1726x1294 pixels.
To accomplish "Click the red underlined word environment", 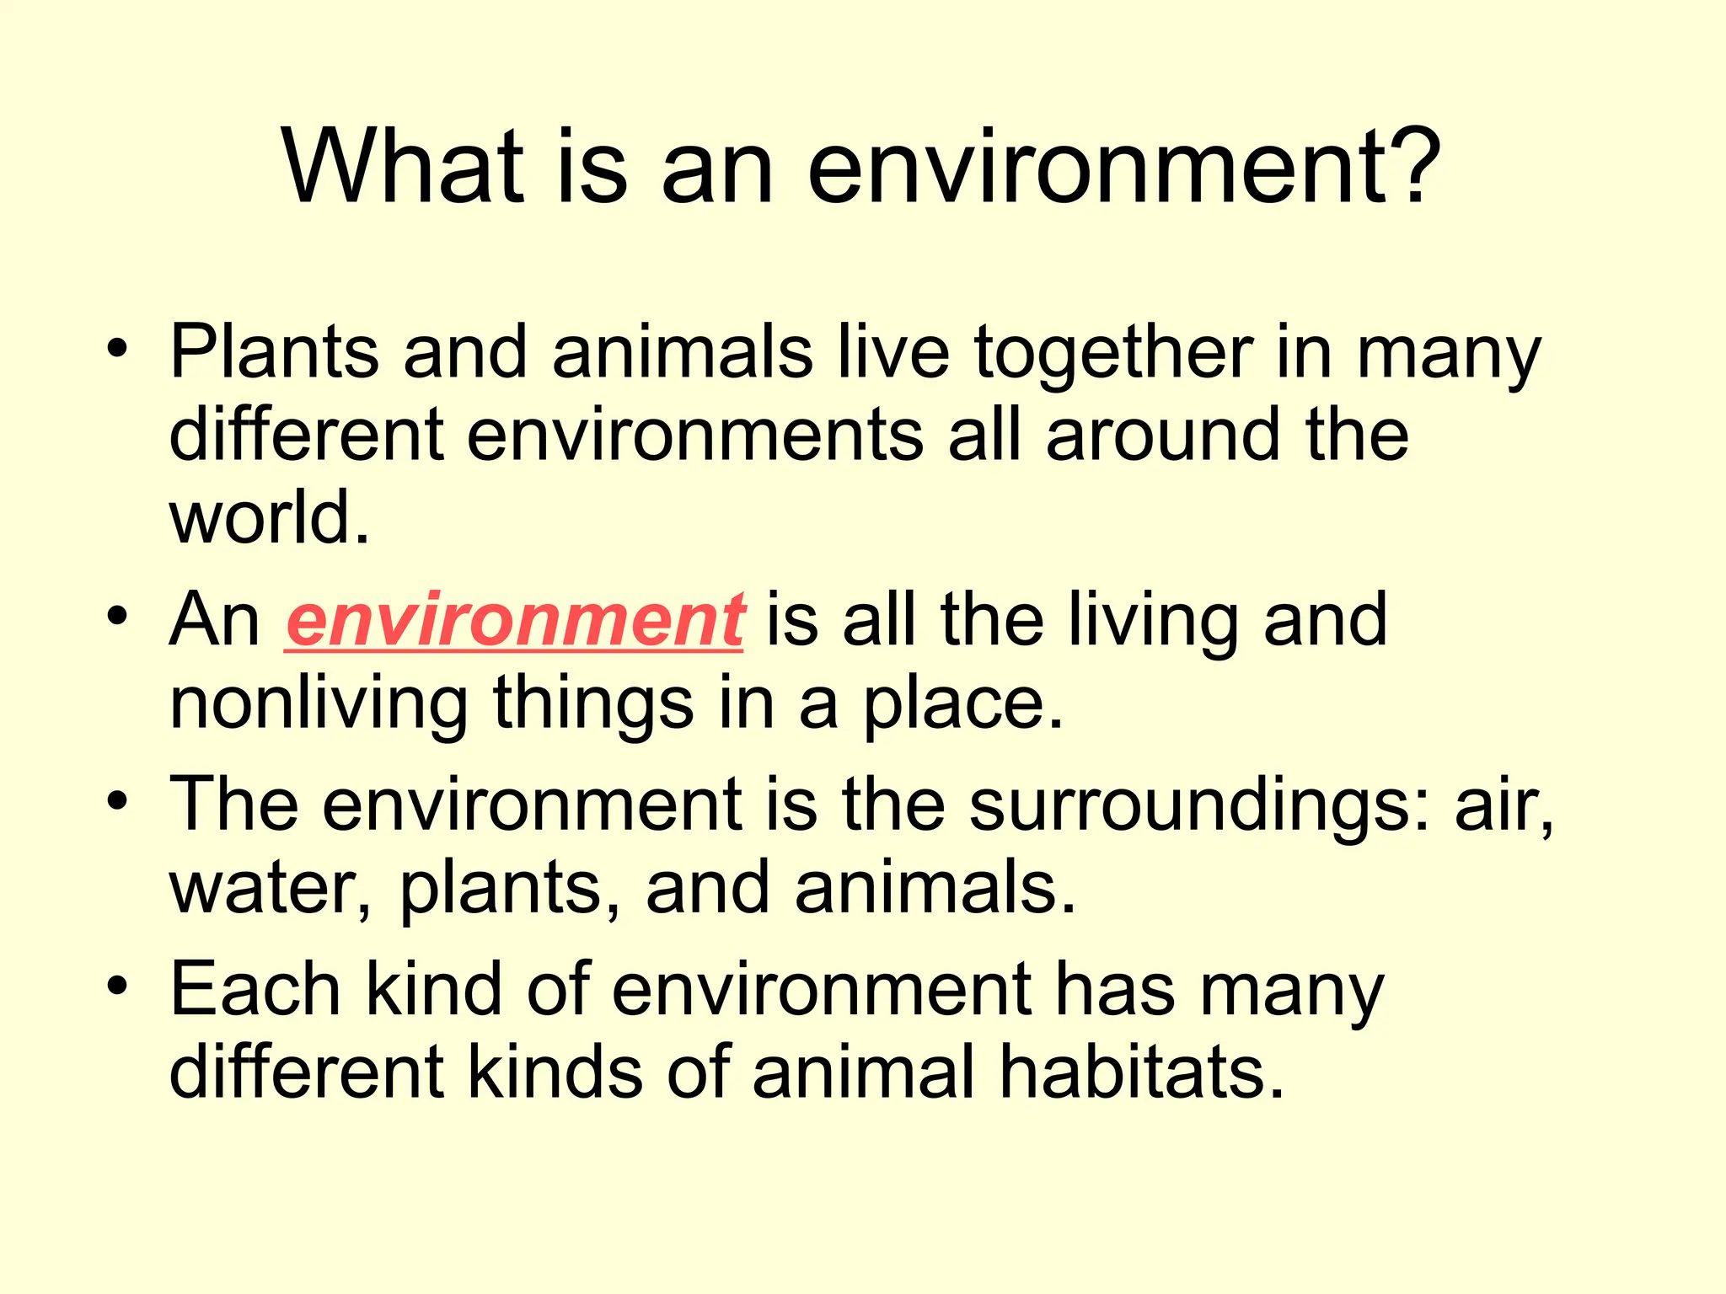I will click(x=515, y=621).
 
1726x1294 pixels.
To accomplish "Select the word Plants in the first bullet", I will click(x=275, y=352).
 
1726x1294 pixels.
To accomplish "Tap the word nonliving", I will click(x=319, y=704).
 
